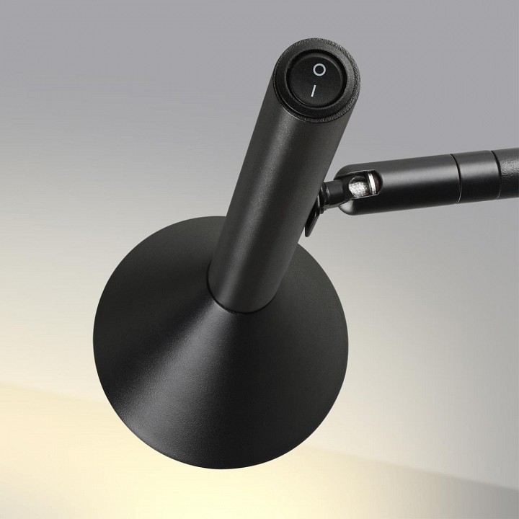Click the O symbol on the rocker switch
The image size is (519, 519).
tap(319, 70)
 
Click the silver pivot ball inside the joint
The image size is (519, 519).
tap(358, 187)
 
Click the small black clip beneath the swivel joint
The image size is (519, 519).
tap(311, 221)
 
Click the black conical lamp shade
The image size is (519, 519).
tap(216, 375)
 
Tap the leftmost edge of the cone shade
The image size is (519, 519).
tap(94, 339)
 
